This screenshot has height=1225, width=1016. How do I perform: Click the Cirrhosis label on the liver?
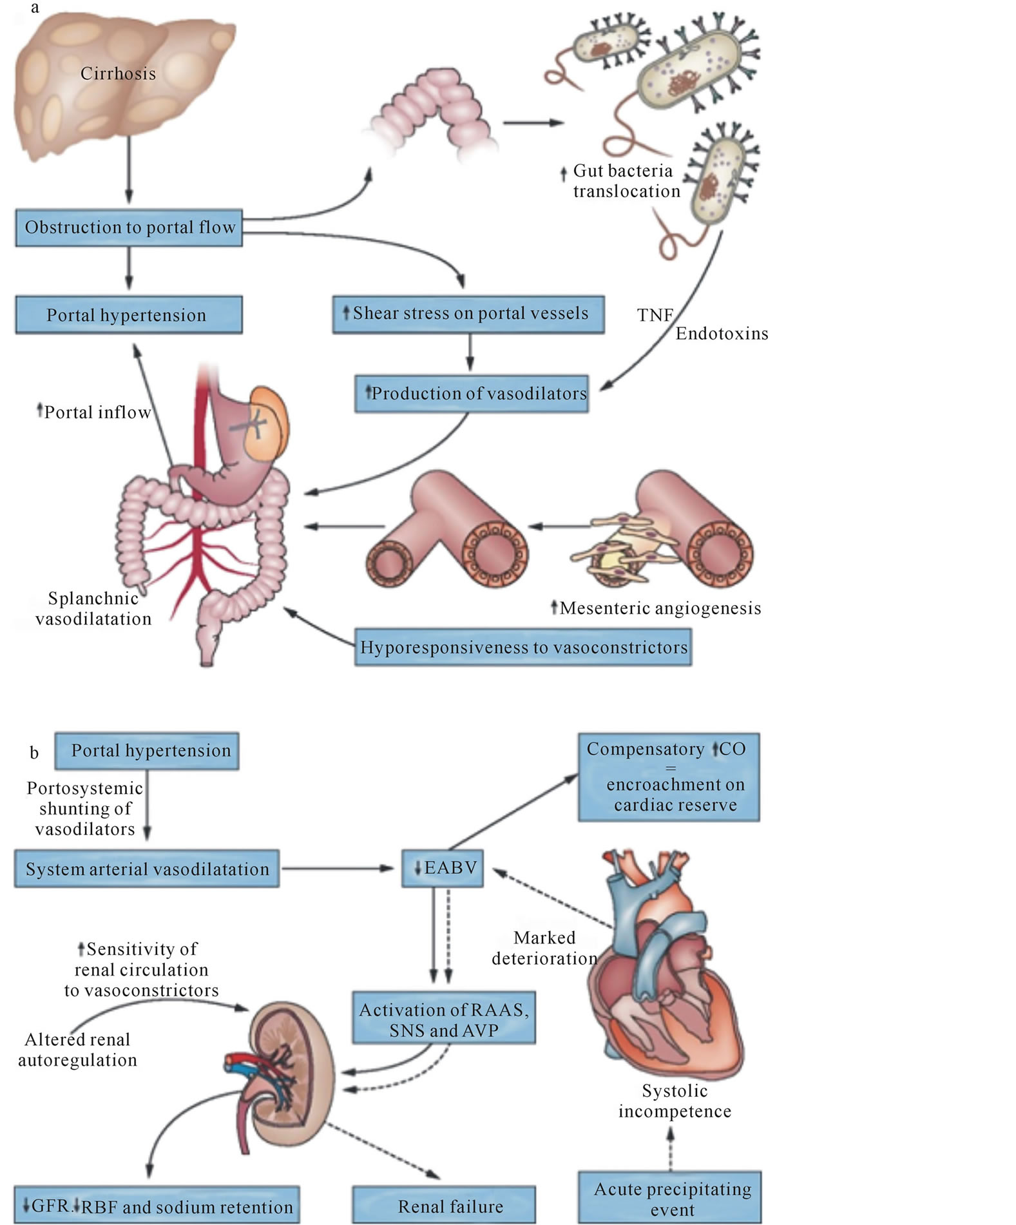pos(118,73)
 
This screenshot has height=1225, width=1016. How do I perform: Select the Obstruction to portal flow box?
pos(129,227)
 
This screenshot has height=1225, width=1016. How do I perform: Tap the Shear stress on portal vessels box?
pos(468,314)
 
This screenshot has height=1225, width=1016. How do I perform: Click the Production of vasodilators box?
pos(472,394)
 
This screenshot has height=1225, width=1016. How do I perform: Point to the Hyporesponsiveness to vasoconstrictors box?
pos(523,648)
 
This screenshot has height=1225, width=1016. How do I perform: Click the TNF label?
pos(655,315)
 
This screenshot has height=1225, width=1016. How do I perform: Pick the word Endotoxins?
pos(722,334)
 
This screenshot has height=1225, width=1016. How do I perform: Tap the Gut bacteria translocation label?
pos(626,181)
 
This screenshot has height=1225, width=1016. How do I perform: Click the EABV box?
pos(443,868)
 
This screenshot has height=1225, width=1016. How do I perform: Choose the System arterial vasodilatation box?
pos(147,869)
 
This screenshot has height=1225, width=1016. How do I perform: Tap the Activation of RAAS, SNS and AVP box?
pos(444,1019)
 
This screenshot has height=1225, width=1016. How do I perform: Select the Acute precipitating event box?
pos(670,1199)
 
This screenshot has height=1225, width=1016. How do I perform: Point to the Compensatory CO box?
pos(669,776)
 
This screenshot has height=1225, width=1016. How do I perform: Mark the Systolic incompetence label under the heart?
pos(675,1101)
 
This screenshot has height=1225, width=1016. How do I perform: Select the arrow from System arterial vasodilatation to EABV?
pos(338,868)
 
